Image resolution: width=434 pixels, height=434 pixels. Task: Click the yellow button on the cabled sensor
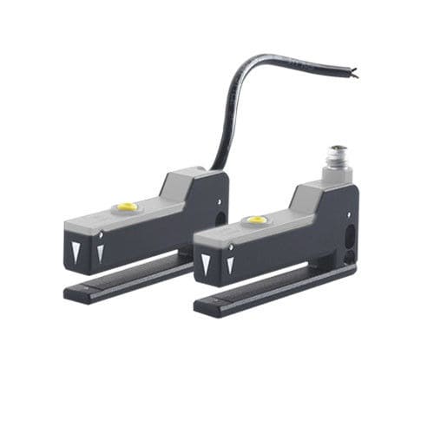coord(128,207)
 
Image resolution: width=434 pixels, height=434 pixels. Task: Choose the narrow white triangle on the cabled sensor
coord(101,253)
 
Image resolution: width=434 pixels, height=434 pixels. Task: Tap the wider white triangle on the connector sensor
coord(207,264)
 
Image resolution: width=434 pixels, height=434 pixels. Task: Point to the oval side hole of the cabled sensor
coord(221,220)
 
